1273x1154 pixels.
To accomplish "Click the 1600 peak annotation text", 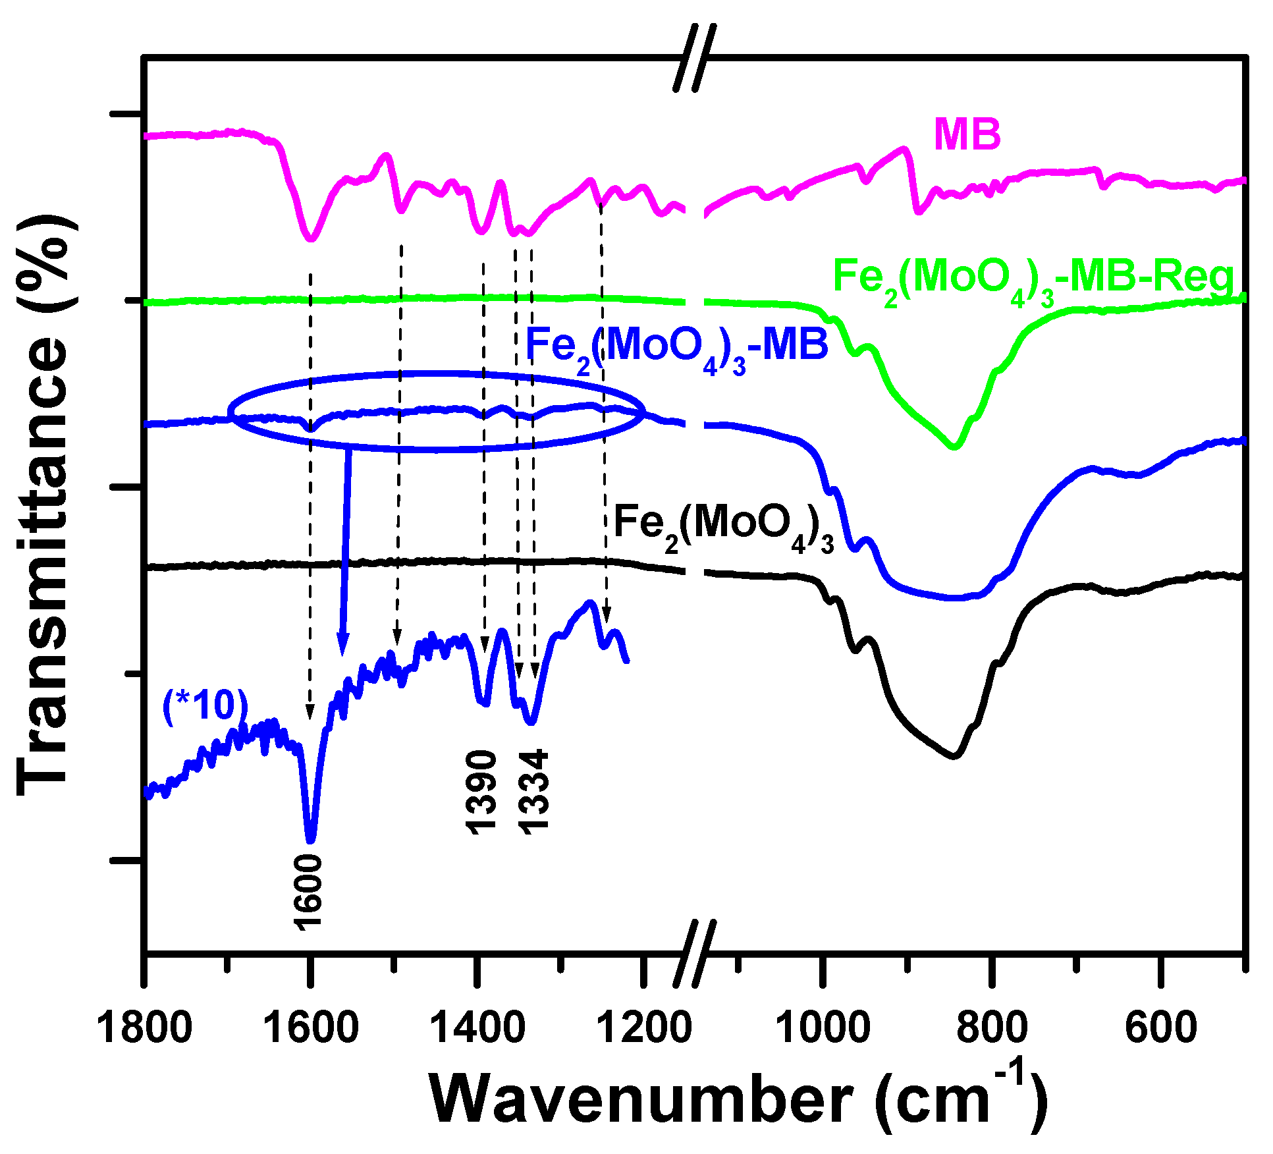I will pyautogui.click(x=308, y=893).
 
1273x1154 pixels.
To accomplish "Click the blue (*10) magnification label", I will pyautogui.click(x=205, y=705).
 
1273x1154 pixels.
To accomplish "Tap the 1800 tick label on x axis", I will pyautogui.click(x=144, y=1028).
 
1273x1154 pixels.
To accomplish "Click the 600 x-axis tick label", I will pyautogui.click(x=1160, y=1028).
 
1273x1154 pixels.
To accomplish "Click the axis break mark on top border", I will pyautogui.click(x=695, y=58).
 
